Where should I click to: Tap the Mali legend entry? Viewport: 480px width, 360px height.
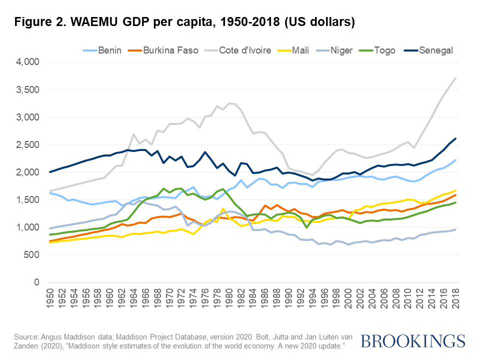[x=304, y=50]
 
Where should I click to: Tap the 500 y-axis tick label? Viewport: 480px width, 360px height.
[x=32, y=254]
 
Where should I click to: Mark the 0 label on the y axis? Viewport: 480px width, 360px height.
[x=36, y=282]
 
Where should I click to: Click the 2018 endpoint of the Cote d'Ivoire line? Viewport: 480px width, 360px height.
[x=455, y=78]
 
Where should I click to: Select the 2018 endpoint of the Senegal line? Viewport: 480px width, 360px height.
[x=455, y=138]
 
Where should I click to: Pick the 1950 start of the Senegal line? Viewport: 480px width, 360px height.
[x=50, y=172]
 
